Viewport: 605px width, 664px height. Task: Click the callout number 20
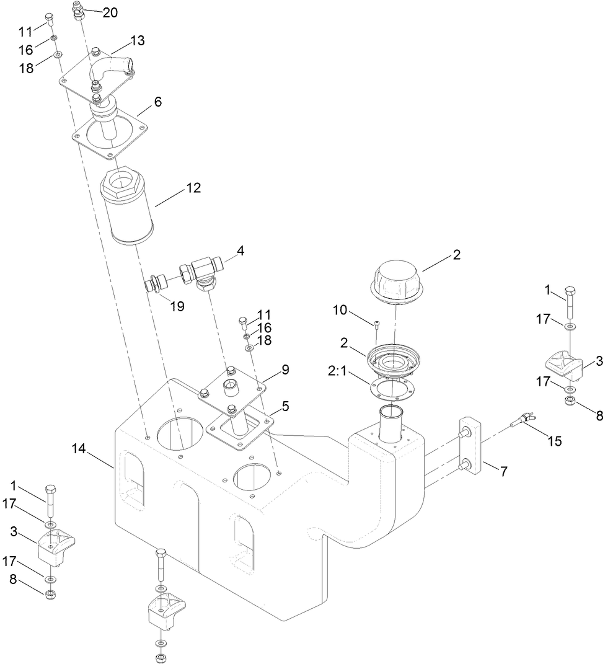110,13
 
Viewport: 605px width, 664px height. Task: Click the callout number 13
137,40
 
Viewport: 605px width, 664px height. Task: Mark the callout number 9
285,370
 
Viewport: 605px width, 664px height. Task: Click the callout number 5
285,407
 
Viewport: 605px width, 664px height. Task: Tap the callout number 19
177,306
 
